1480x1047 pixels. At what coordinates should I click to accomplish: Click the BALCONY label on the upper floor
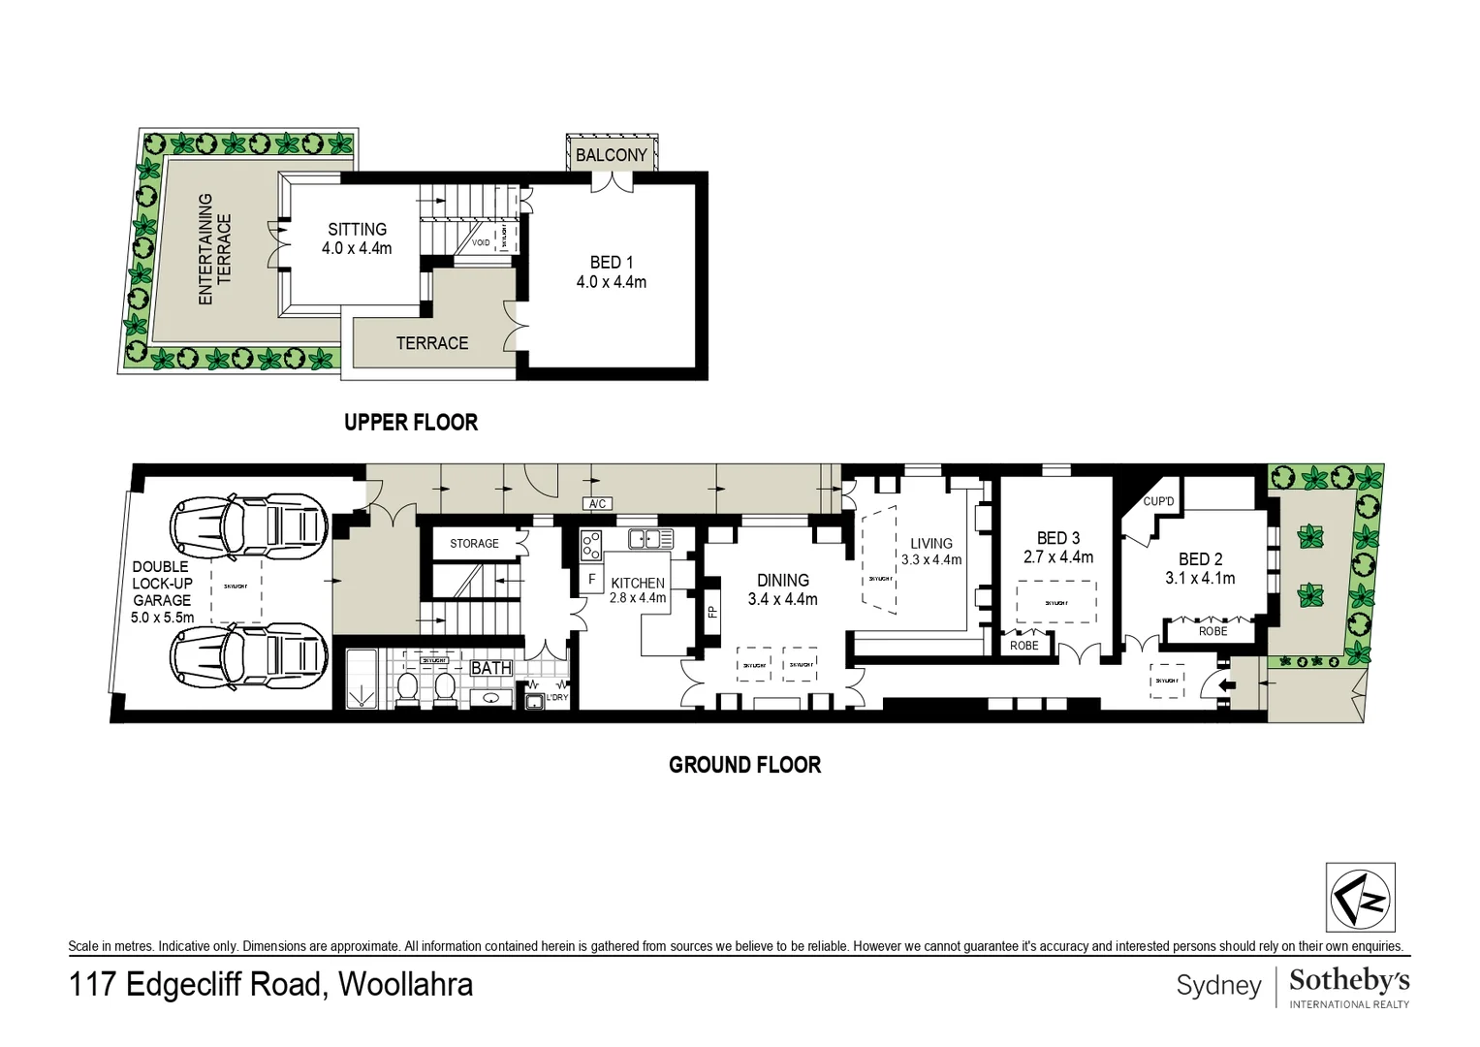click(611, 155)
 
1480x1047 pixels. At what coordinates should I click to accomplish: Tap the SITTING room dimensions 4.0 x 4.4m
click(357, 249)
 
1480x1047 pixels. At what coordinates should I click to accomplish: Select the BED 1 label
click(611, 263)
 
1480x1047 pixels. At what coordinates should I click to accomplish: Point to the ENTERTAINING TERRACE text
click(215, 249)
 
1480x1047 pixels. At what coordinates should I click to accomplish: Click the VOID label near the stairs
click(481, 242)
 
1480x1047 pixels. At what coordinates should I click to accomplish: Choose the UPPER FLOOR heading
click(411, 423)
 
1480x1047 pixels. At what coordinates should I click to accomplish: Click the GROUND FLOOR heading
click(744, 765)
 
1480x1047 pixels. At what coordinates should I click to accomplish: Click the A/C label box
click(597, 504)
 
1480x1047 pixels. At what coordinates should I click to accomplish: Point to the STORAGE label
click(474, 544)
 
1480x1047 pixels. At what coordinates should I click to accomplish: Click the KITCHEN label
click(638, 583)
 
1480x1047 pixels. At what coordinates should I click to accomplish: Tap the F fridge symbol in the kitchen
click(591, 580)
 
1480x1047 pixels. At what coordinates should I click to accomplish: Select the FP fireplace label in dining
click(712, 613)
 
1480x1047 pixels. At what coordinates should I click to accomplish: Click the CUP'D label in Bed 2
click(1158, 501)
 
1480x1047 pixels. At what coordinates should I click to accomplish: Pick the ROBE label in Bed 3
click(1023, 646)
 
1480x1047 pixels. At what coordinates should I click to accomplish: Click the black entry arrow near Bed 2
click(1227, 685)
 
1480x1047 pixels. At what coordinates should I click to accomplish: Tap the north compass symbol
click(1361, 898)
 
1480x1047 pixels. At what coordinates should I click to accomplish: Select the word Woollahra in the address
click(406, 985)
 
